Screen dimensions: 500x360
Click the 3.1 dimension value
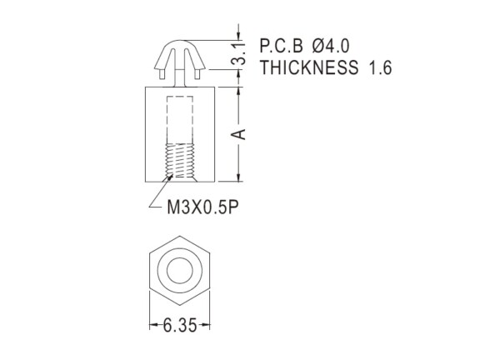coord(239,53)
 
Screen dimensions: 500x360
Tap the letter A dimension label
coord(239,134)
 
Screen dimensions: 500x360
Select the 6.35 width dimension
coord(180,326)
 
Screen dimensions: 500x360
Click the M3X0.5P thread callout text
coord(202,207)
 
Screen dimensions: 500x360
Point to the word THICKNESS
coord(309,67)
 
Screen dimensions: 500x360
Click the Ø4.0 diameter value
coord(331,46)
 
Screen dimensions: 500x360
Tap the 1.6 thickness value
coord(380,67)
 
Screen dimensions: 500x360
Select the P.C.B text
coord(282,46)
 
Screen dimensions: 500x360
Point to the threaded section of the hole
coord(180,160)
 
